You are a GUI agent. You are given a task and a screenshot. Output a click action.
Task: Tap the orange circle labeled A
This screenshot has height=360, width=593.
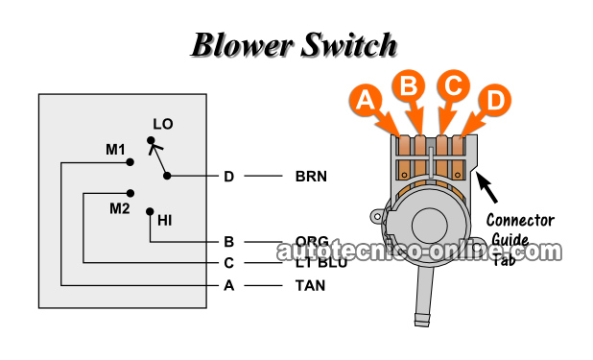(x=365, y=99)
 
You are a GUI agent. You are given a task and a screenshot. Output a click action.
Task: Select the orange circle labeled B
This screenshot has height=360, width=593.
(x=410, y=86)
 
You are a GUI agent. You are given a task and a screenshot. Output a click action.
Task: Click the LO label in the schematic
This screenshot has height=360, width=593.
(x=162, y=124)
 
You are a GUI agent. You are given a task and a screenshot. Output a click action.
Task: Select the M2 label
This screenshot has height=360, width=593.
(x=119, y=208)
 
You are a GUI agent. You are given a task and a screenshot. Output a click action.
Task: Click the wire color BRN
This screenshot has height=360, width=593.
(x=312, y=177)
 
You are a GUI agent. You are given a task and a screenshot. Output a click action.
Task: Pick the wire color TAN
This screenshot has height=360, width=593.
(x=310, y=285)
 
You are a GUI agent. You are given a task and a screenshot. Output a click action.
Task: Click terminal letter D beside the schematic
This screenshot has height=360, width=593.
(x=228, y=177)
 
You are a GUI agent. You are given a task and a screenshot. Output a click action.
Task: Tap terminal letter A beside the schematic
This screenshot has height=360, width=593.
(x=228, y=285)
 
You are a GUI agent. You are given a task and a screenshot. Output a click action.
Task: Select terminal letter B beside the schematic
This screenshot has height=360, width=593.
(x=228, y=242)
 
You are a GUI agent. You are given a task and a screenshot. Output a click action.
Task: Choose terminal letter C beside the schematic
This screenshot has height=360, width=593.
(x=228, y=263)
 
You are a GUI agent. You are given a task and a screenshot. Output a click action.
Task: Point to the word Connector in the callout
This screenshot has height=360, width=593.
(x=520, y=220)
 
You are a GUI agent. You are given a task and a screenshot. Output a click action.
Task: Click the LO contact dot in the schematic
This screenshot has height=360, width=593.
(x=150, y=141)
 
